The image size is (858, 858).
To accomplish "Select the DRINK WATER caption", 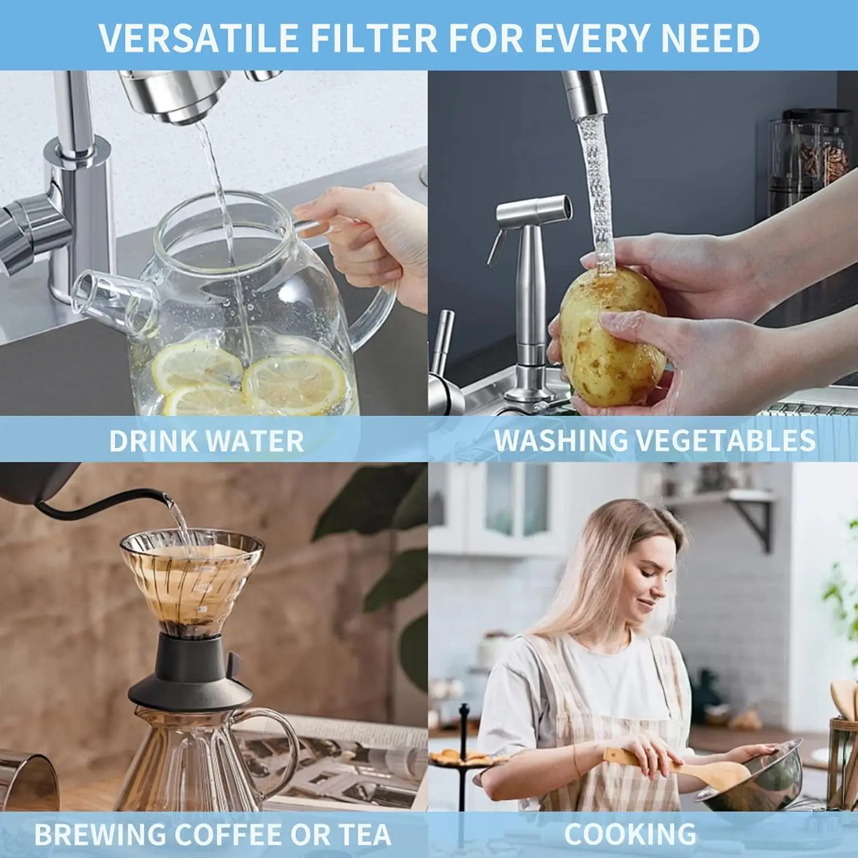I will [206, 441].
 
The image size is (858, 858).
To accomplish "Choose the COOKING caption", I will [630, 835].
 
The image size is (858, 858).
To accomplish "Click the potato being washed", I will [609, 337].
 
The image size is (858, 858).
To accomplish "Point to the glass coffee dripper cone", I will [192, 578].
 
